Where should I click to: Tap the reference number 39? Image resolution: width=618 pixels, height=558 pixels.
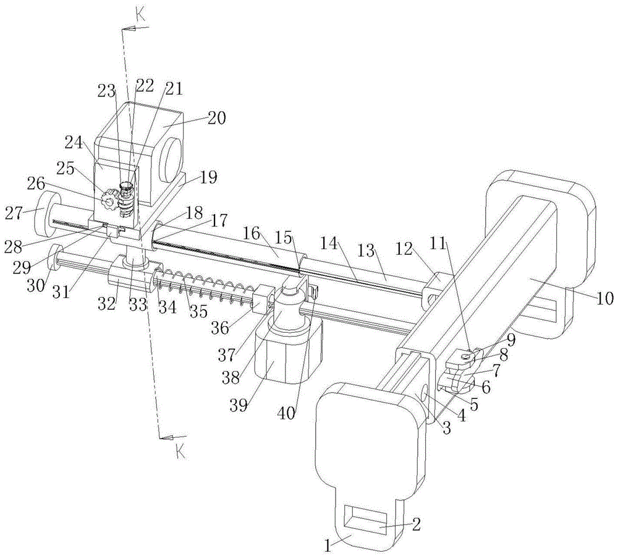(x=239, y=405)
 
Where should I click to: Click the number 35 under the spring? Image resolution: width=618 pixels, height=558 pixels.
(x=198, y=311)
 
